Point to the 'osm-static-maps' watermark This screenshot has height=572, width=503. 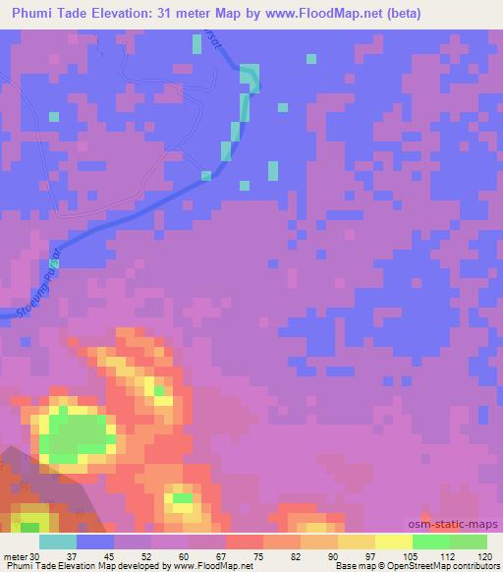(454, 525)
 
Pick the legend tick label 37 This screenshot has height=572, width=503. (57, 555)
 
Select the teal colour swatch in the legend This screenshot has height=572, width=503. (57, 542)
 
